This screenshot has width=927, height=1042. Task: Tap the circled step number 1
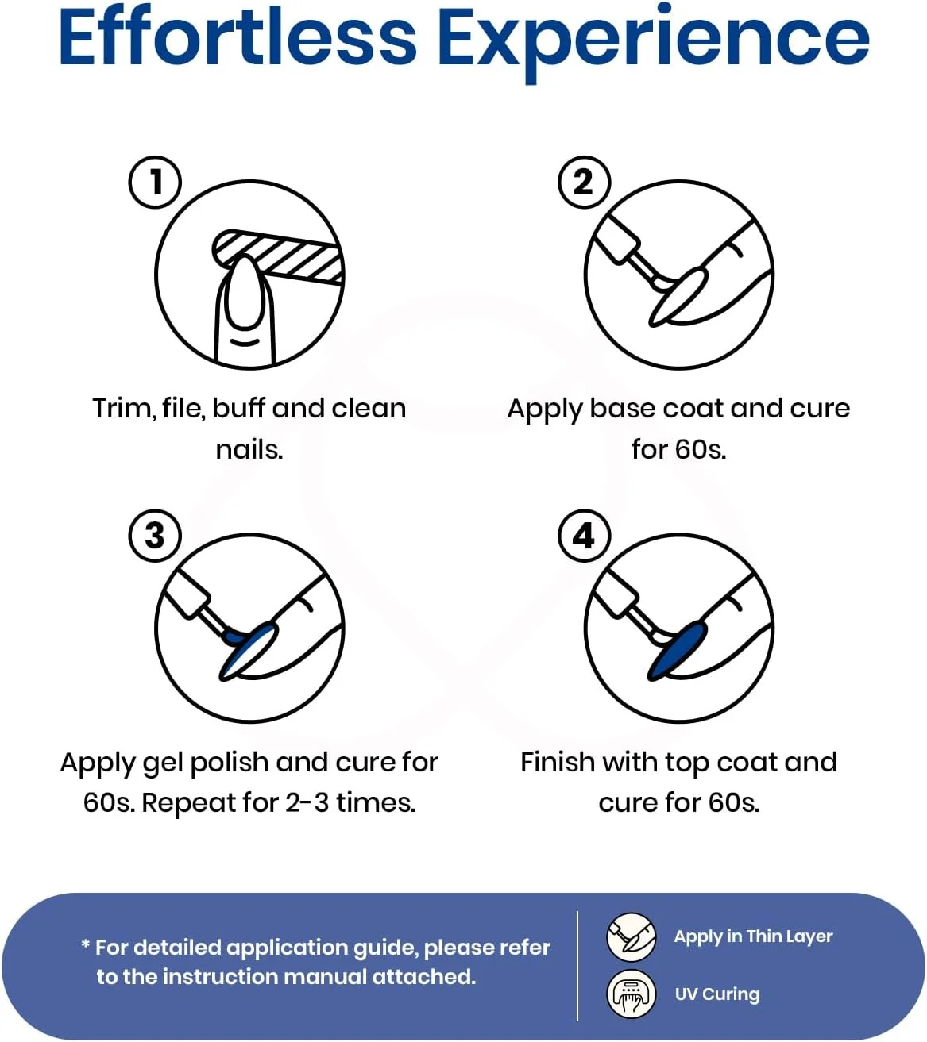pyautogui.click(x=155, y=182)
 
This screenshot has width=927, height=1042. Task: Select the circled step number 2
pyautogui.click(x=584, y=182)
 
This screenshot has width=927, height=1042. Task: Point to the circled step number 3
pyautogui.click(x=155, y=536)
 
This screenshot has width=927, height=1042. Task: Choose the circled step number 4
pyautogui.click(x=584, y=536)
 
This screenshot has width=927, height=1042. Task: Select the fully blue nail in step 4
pyautogui.click(x=678, y=650)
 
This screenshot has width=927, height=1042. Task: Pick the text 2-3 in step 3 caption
pyautogui.click(x=307, y=802)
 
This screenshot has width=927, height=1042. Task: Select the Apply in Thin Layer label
pyautogui.click(x=753, y=936)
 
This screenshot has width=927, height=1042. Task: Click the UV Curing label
pyautogui.click(x=717, y=994)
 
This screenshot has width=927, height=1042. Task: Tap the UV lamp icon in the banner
pyautogui.click(x=632, y=994)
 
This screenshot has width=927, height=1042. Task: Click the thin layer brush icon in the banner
pyautogui.click(x=632, y=937)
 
